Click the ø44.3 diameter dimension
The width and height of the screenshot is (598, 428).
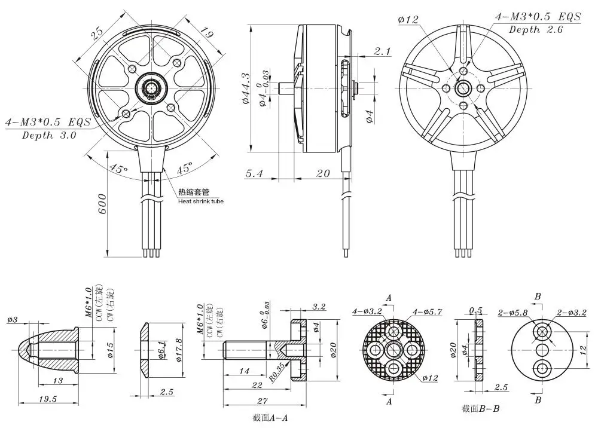245,89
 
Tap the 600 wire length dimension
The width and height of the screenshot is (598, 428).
102,204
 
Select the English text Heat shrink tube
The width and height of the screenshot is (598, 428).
201,201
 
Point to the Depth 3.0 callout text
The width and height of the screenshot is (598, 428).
49,135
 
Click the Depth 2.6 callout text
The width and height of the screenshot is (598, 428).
536,30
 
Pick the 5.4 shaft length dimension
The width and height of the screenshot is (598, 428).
254,173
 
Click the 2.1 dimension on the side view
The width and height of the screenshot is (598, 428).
382,51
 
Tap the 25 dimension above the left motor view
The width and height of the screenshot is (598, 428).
97,34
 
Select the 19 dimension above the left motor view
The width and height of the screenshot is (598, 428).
206,33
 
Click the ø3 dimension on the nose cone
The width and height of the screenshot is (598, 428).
13,319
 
